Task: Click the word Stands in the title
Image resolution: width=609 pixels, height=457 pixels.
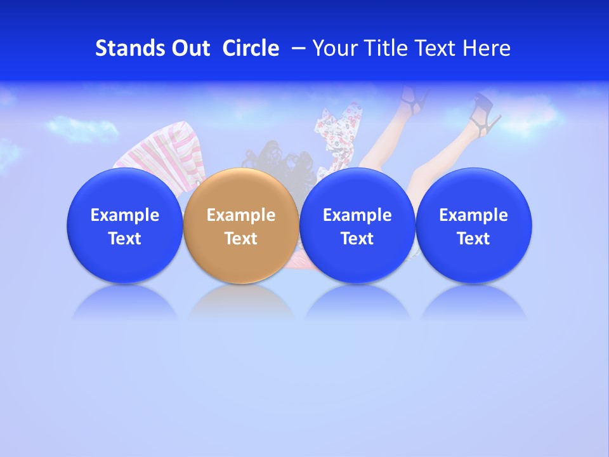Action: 129,48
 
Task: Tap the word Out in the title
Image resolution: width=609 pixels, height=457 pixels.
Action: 189,48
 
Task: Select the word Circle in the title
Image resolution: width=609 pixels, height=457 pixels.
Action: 251,48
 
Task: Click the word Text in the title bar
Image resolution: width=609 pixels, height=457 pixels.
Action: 435,48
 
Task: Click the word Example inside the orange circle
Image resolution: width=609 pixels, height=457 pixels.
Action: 240,215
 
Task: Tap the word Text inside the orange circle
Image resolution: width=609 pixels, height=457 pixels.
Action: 240,239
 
